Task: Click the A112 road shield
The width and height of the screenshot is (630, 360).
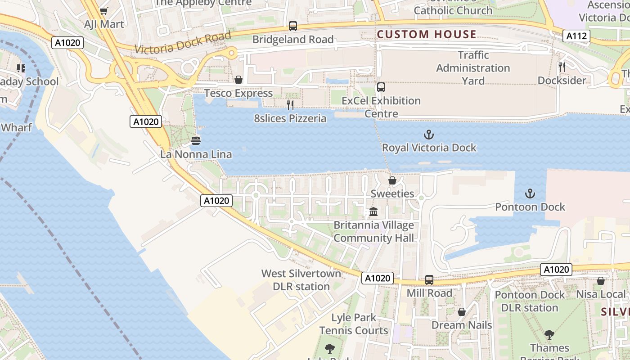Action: tap(576, 36)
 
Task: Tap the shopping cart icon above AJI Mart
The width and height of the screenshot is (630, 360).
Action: tap(104, 11)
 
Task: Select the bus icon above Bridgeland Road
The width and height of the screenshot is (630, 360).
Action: tap(293, 26)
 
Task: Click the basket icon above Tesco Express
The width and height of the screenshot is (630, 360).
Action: tap(238, 80)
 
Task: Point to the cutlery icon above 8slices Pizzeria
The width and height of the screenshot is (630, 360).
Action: tap(290, 105)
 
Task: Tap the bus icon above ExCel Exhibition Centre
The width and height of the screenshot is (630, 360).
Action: tap(381, 87)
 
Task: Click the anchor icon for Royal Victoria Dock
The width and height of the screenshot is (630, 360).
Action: tap(429, 135)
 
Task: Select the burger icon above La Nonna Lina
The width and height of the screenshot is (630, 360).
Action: tap(196, 141)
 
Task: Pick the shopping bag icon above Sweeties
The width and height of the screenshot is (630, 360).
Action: tap(392, 180)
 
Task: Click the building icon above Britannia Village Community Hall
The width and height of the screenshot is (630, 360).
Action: tap(373, 211)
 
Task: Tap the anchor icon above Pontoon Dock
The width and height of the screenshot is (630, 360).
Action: tap(530, 194)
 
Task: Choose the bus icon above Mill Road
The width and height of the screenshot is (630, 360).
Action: tap(429, 280)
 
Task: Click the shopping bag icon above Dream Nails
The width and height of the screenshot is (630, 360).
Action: tap(462, 312)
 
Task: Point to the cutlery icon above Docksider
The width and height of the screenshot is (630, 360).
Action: tap(562, 67)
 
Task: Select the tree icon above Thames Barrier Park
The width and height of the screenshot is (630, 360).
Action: tap(549, 335)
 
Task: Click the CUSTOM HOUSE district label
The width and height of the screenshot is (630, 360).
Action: tap(427, 34)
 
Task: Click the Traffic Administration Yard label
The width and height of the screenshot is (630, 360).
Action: tap(473, 68)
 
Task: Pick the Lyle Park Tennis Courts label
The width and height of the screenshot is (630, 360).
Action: tap(354, 324)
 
